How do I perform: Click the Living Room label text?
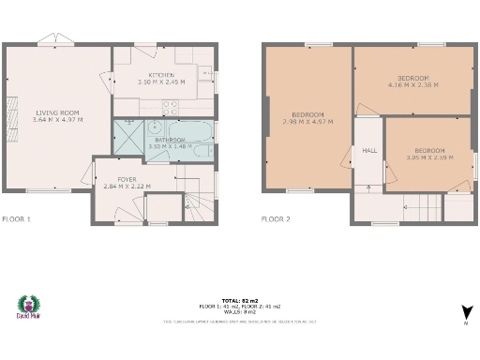(57, 112)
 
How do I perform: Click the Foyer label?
(127, 178)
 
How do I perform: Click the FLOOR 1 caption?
(17, 218)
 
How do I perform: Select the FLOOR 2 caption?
(277, 218)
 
